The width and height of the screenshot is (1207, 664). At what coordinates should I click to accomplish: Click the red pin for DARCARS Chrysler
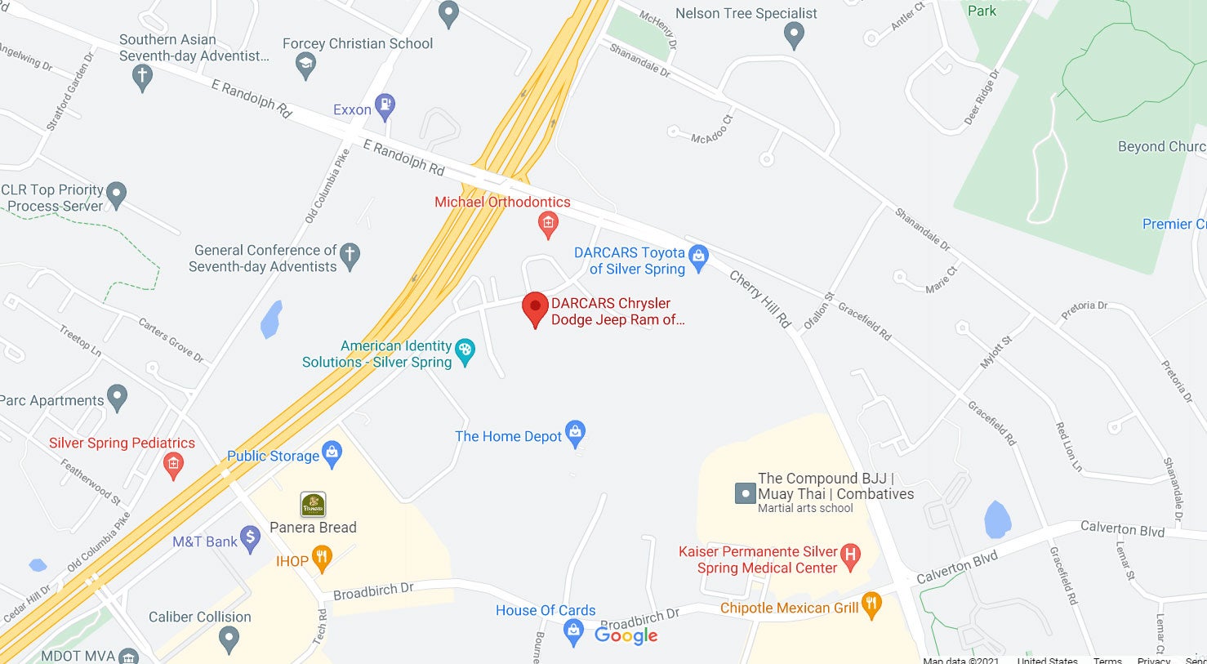[x=535, y=308]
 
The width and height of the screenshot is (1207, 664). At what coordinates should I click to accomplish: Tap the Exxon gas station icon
[x=385, y=107]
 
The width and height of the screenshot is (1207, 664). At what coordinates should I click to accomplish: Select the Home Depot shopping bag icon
[x=575, y=434]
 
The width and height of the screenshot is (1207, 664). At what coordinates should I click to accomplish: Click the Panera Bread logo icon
[x=313, y=505]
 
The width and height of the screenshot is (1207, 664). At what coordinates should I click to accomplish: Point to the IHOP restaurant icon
[x=323, y=559]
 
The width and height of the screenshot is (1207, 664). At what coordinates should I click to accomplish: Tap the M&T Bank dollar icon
[x=251, y=539]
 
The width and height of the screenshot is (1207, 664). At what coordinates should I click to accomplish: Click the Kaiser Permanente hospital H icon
[x=850, y=556]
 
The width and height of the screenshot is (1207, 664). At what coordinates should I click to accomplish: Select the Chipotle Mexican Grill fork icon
[x=871, y=605]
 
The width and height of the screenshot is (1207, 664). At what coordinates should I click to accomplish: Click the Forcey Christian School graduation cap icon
[x=306, y=65]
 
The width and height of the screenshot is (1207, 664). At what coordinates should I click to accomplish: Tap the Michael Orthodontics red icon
[x=548, y=223]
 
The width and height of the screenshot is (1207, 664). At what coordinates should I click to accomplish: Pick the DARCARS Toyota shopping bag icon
[x=698, y=257]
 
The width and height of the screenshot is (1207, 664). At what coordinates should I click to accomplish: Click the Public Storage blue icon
[x=332, y=453]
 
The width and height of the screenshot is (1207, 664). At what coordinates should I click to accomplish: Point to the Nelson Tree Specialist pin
[x=794, y=35]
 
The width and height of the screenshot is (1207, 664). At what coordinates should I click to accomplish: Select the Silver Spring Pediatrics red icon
[x=173, y=465]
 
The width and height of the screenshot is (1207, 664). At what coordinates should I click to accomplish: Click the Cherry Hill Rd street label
[x=760, y=300]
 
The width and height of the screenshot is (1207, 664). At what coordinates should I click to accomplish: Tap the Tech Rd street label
[x=321, y=626]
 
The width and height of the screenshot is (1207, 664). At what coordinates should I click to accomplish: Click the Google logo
[x=626, y=635]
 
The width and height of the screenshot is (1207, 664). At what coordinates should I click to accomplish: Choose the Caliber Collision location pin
[x=229, y=639]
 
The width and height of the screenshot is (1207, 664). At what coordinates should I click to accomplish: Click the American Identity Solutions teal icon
[x=465, y=352]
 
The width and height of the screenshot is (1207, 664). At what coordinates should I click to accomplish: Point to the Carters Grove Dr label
[x=171, y=340]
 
